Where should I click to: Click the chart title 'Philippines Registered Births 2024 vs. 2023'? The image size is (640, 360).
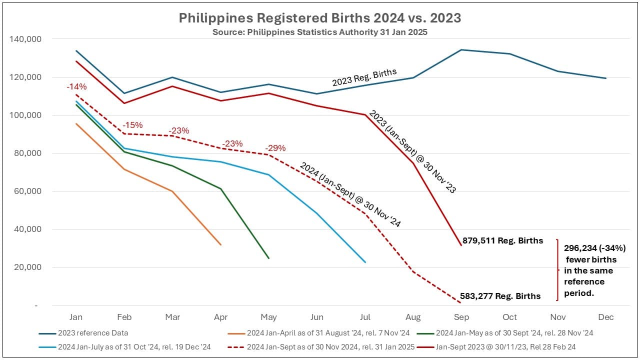(x=320, y=18)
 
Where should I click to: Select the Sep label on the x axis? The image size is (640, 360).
(x=461, y=317)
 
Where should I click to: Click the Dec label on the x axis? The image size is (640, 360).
(x=605, y=317)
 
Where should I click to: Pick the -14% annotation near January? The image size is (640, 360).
(x=76, y=86)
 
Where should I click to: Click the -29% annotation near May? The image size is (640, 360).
(x=275, y=148)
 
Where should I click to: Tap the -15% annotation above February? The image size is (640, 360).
(x=132, y=124)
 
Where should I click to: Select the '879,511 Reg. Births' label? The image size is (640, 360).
(x=502, y=240)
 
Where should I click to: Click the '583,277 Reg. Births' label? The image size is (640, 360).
(x=501, y=296)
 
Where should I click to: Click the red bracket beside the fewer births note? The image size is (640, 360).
(x=557, y=270)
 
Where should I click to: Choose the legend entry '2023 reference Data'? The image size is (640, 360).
(x=92, y=333)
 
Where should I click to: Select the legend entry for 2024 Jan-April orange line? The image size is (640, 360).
(x=328, y=333)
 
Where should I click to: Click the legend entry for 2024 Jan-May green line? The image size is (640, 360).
(x=514, y=333)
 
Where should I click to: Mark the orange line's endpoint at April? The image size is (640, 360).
(x=220, y=244)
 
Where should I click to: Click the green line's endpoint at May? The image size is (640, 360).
(x=269, y=258)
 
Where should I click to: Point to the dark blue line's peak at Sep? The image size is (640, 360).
(x=461, y=49)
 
